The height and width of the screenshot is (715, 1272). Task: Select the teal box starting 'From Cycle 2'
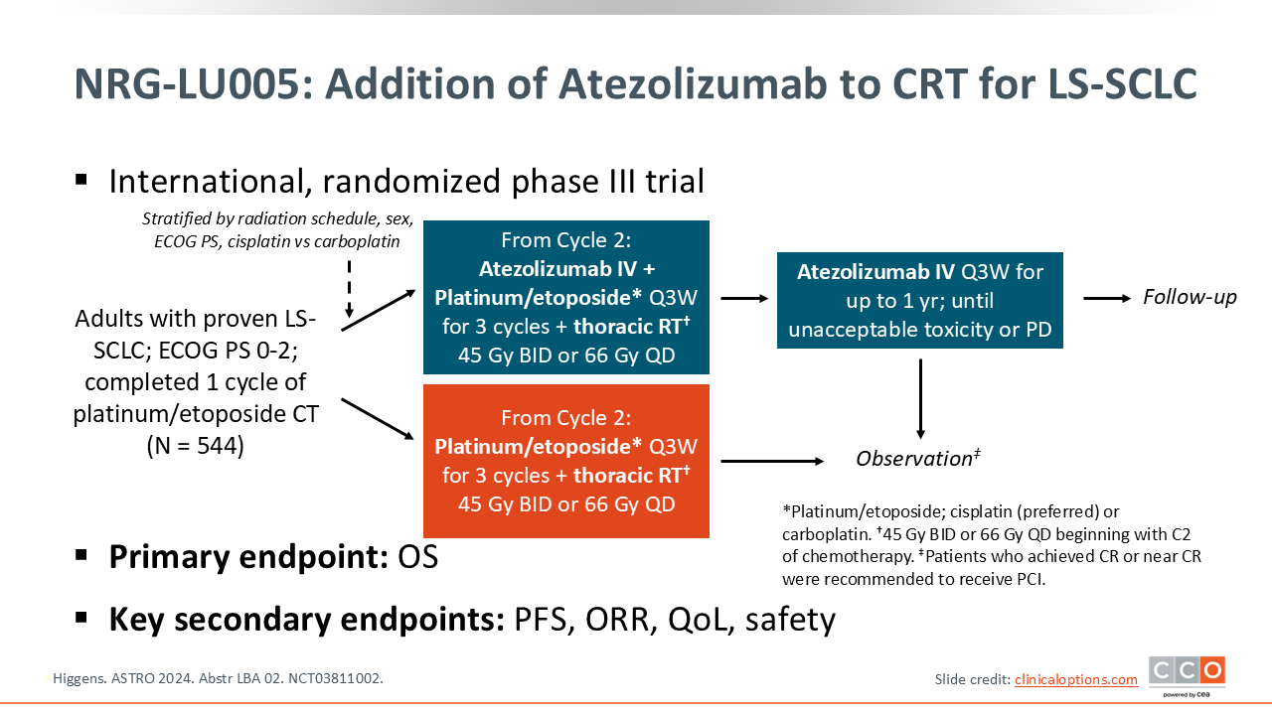[x=565, y=297]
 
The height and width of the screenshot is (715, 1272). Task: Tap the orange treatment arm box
[x=565, y=461]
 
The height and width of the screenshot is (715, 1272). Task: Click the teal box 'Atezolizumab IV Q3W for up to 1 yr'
[x=919, y=300]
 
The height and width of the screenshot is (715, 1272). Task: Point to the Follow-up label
[x=1190, y=297]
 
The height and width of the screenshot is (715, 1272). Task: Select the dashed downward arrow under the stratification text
[x=348, y=288]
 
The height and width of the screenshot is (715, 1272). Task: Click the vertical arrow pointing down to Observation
[x=920, y=397]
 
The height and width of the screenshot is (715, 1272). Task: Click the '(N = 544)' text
[x=195, y=446]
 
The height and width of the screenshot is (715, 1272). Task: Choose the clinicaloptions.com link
[x=1075, y=679]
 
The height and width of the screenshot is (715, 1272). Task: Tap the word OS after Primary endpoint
[x=417, y=557]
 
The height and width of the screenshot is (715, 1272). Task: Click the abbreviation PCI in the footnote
[x=1029, y=578]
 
